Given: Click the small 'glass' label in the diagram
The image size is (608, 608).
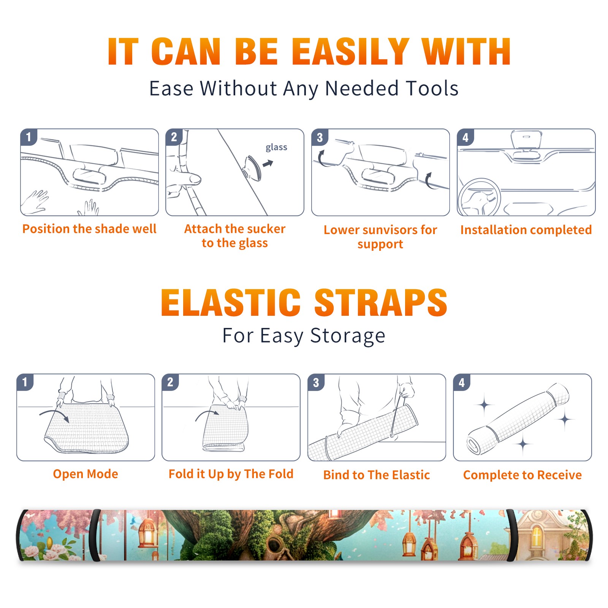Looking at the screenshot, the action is (x=276, y=147).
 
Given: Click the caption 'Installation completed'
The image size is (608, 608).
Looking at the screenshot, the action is (x=526, y=230).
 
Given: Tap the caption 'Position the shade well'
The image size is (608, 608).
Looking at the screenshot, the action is (x=89, y=229).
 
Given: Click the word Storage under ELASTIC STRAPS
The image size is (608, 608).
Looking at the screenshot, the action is (x=347, y=336).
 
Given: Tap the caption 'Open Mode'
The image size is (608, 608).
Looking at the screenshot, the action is (x=85, y=474).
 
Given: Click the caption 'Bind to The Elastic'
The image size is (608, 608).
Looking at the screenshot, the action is (x=376, y=475).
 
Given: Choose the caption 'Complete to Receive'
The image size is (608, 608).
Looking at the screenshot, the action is (x=522, y=475).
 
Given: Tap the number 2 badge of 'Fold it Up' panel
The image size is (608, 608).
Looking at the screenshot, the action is (x=170, y=382).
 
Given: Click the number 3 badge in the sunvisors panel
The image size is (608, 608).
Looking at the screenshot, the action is (x=320, y=137).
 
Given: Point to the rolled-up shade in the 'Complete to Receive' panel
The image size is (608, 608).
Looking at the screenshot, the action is (x=518, y=419).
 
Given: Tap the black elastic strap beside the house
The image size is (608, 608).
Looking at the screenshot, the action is (x=512, y=535).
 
